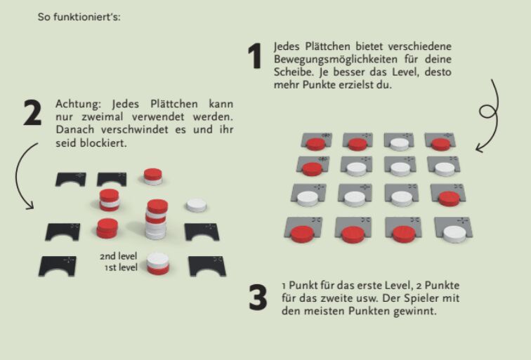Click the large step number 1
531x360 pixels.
255,56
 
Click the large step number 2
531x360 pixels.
32,113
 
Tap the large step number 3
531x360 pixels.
258,297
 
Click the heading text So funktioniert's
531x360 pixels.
79,17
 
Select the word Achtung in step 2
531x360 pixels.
78,104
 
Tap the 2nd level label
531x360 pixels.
118,256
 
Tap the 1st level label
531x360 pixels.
121,267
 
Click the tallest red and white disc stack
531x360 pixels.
157,219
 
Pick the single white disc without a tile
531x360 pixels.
197,206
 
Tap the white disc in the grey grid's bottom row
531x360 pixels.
454,234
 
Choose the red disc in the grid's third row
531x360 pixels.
449,199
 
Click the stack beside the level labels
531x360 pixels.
158,263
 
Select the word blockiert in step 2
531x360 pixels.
103,143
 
